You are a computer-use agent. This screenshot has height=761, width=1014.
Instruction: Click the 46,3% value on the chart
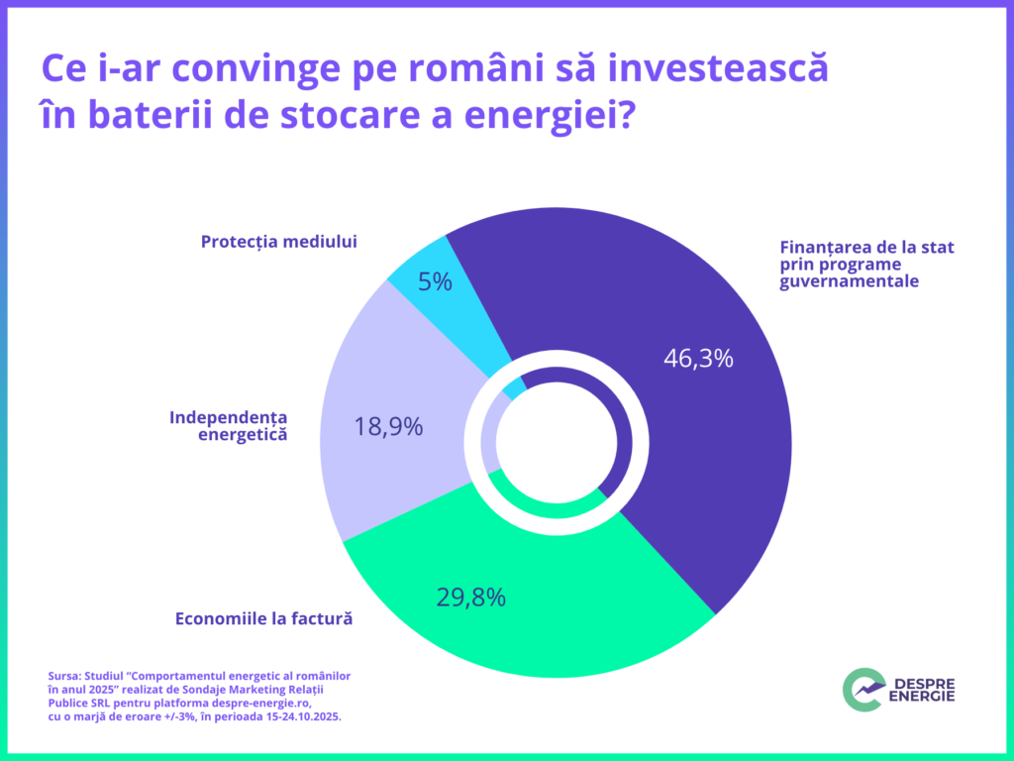[698, 359]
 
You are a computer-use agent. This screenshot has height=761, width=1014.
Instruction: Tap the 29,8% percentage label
[471, 598]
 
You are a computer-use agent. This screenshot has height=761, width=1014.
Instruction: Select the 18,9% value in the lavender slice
[388, 427]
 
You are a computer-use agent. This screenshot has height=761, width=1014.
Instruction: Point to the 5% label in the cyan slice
[435, 282]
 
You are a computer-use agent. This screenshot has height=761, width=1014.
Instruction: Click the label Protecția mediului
[278, 242]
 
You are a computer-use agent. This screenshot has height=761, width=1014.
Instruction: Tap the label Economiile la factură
[264, 619]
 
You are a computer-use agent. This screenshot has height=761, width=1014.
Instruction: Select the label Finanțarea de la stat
[866, 248]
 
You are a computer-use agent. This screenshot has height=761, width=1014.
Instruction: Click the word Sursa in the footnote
[64, 675]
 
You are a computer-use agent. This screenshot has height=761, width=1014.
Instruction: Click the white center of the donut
[556, 443]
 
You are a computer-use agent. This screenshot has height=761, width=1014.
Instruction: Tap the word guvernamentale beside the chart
[849, 281]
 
